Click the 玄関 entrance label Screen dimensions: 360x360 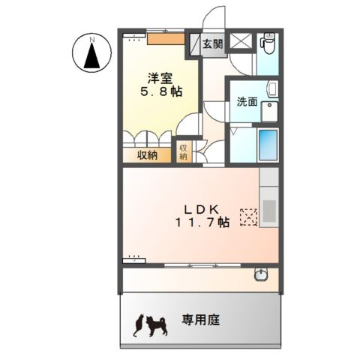[212, 44]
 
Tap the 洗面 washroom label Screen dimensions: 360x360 [248, 101]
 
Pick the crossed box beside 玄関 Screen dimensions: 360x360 [241, 43]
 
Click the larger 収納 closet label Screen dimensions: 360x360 [147, 155]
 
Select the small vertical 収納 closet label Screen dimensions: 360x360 [183, 152]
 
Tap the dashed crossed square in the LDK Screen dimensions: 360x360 [248, 217]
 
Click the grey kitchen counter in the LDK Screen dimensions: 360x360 [268, 198]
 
